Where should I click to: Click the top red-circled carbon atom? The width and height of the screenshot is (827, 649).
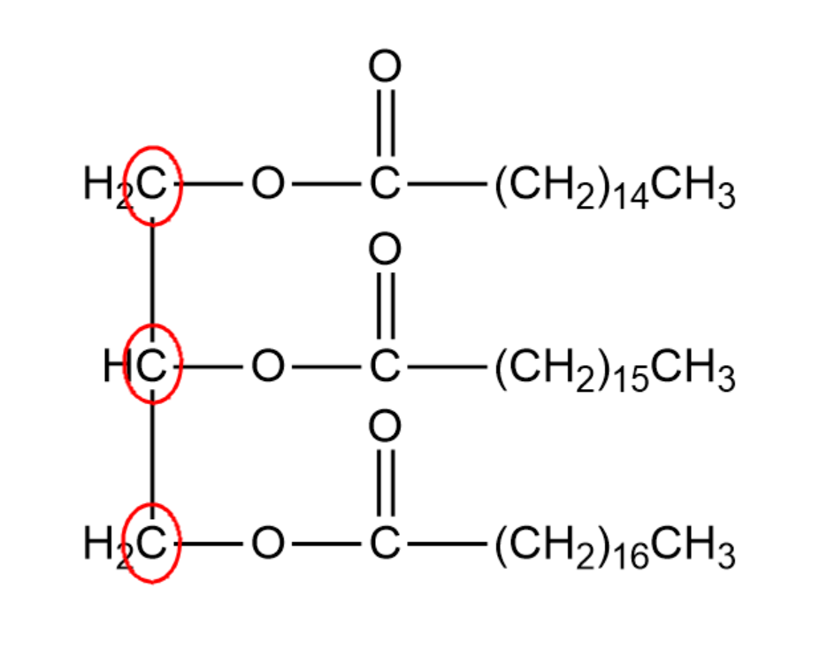(x=153, y=186)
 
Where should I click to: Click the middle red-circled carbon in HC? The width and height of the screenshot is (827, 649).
(x=153, y=364)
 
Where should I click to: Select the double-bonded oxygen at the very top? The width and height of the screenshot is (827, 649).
(x=385, y=67)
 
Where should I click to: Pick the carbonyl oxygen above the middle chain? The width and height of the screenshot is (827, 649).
(x=385, y=251)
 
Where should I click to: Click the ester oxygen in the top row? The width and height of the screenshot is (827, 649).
(x=267, y=185)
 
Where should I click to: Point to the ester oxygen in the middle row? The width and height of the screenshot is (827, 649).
(x=267, y=364)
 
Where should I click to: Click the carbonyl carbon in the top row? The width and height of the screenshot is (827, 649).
(x=385, y=185)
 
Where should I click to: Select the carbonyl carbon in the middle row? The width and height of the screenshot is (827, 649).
(x=385, y=364)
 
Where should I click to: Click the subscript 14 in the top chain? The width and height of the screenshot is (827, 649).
(x=632, y=198)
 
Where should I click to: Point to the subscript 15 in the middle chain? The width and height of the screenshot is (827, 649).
(x=632, y=378)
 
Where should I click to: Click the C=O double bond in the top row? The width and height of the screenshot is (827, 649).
(x=385, y=124)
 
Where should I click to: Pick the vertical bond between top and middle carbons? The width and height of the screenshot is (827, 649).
(x=153, y=274)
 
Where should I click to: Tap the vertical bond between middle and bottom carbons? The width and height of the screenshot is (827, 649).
(x=153, y=453)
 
